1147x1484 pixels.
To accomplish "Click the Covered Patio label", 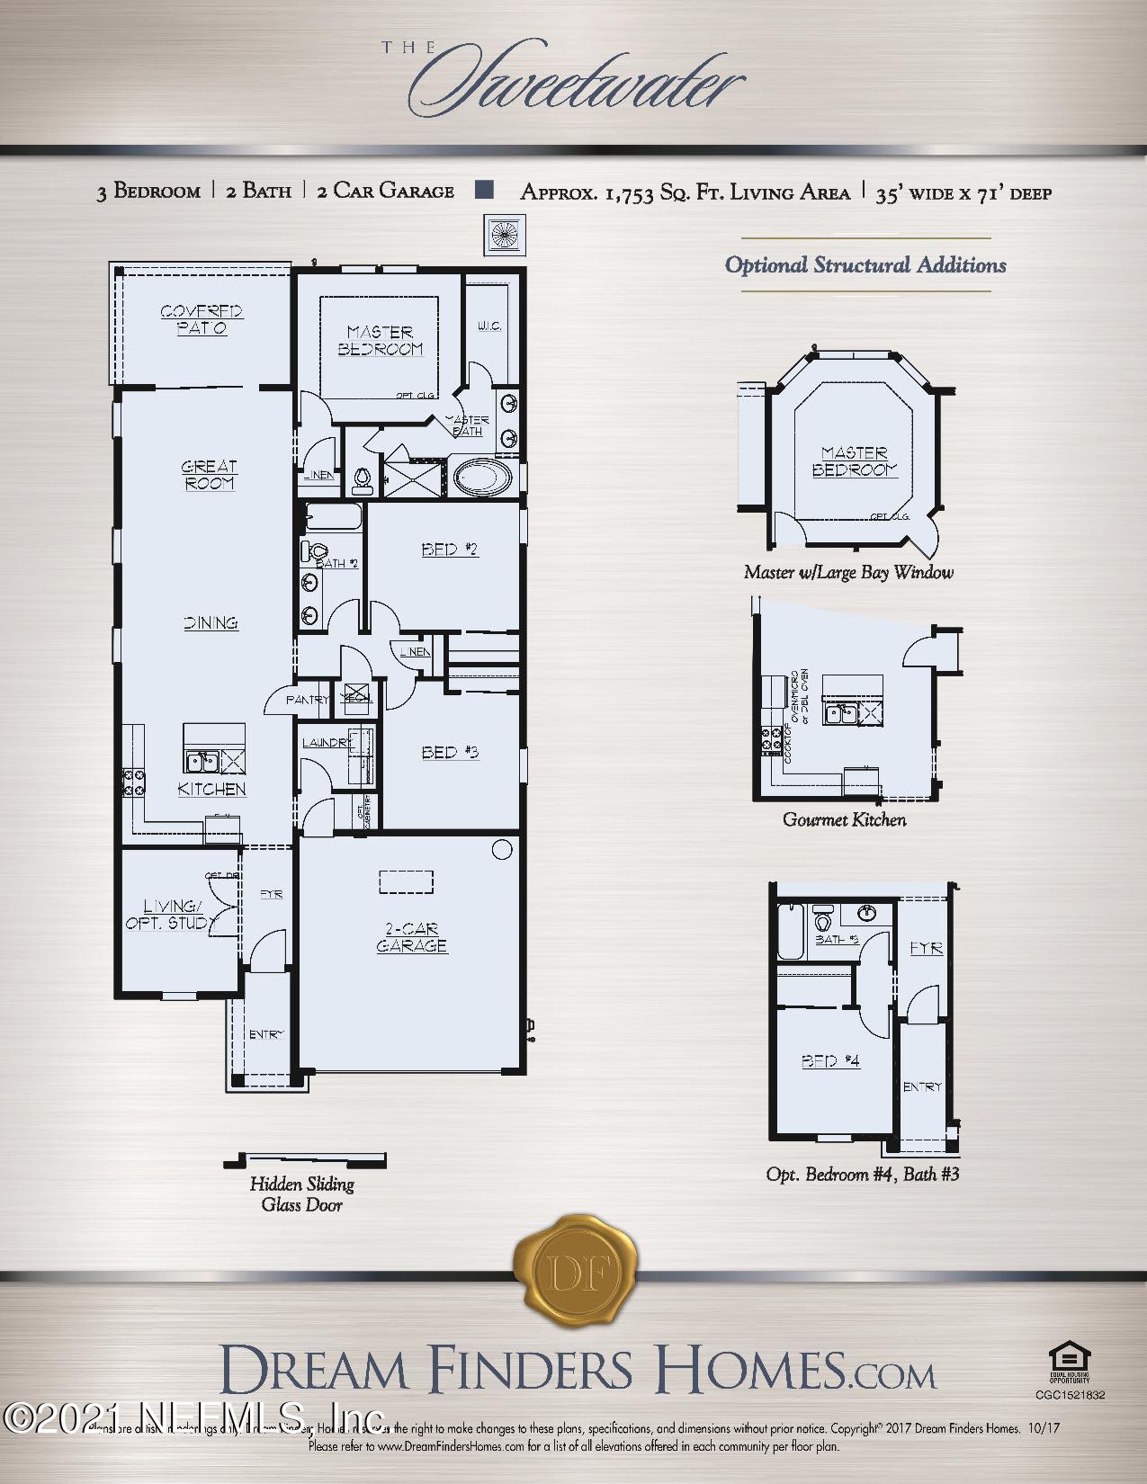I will (x=202, y=320).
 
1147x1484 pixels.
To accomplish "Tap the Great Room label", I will (x=209, y=474).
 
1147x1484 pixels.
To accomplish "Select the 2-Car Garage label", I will (x=411, y=937).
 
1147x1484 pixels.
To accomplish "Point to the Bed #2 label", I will (x=450, y=550).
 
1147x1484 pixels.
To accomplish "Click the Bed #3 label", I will (x=450, y=752).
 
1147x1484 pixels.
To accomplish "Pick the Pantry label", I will (x=307, y=700).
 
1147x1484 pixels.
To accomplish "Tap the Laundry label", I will (x=327, y=743).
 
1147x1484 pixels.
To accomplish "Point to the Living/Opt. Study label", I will (x=171, y=915).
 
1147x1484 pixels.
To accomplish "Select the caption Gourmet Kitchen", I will (x=844, y=819).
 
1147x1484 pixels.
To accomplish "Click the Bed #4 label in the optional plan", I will (x=830, y=1061).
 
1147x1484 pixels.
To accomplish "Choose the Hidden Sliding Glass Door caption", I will (x=301, y=1194).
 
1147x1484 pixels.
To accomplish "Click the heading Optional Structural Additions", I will (x=865, y=265).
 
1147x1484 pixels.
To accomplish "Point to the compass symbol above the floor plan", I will (x=505, y=236).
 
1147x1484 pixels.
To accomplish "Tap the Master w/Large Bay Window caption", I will (x=848, y=572).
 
